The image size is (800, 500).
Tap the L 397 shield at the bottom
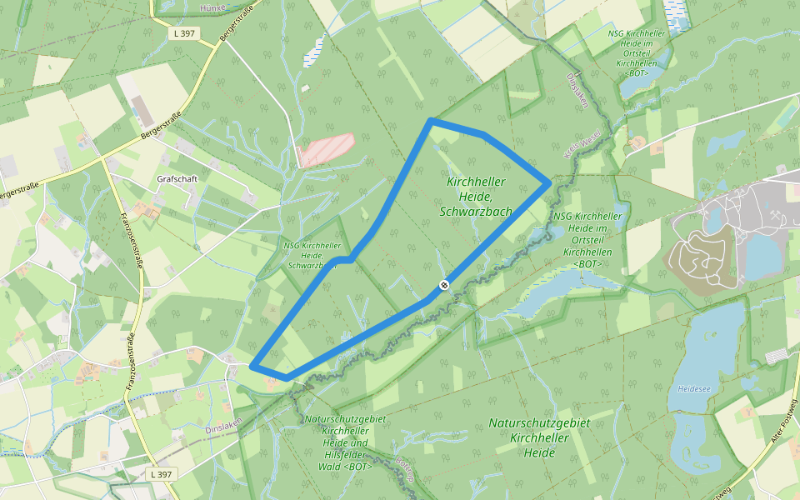pos(162,474)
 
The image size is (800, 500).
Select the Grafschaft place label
pos(177,179)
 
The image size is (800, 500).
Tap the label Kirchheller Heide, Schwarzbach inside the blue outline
pos(479,197)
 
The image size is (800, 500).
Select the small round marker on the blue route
pos(444,284)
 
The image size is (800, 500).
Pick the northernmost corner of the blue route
pos(431,122)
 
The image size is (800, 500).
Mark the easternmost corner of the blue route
pos(548,182)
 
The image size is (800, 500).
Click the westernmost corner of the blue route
pos(252,365)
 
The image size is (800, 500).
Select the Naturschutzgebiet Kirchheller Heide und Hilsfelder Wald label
pos(345,442)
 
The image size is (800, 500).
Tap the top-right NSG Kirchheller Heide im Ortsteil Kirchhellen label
pos(637,52)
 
